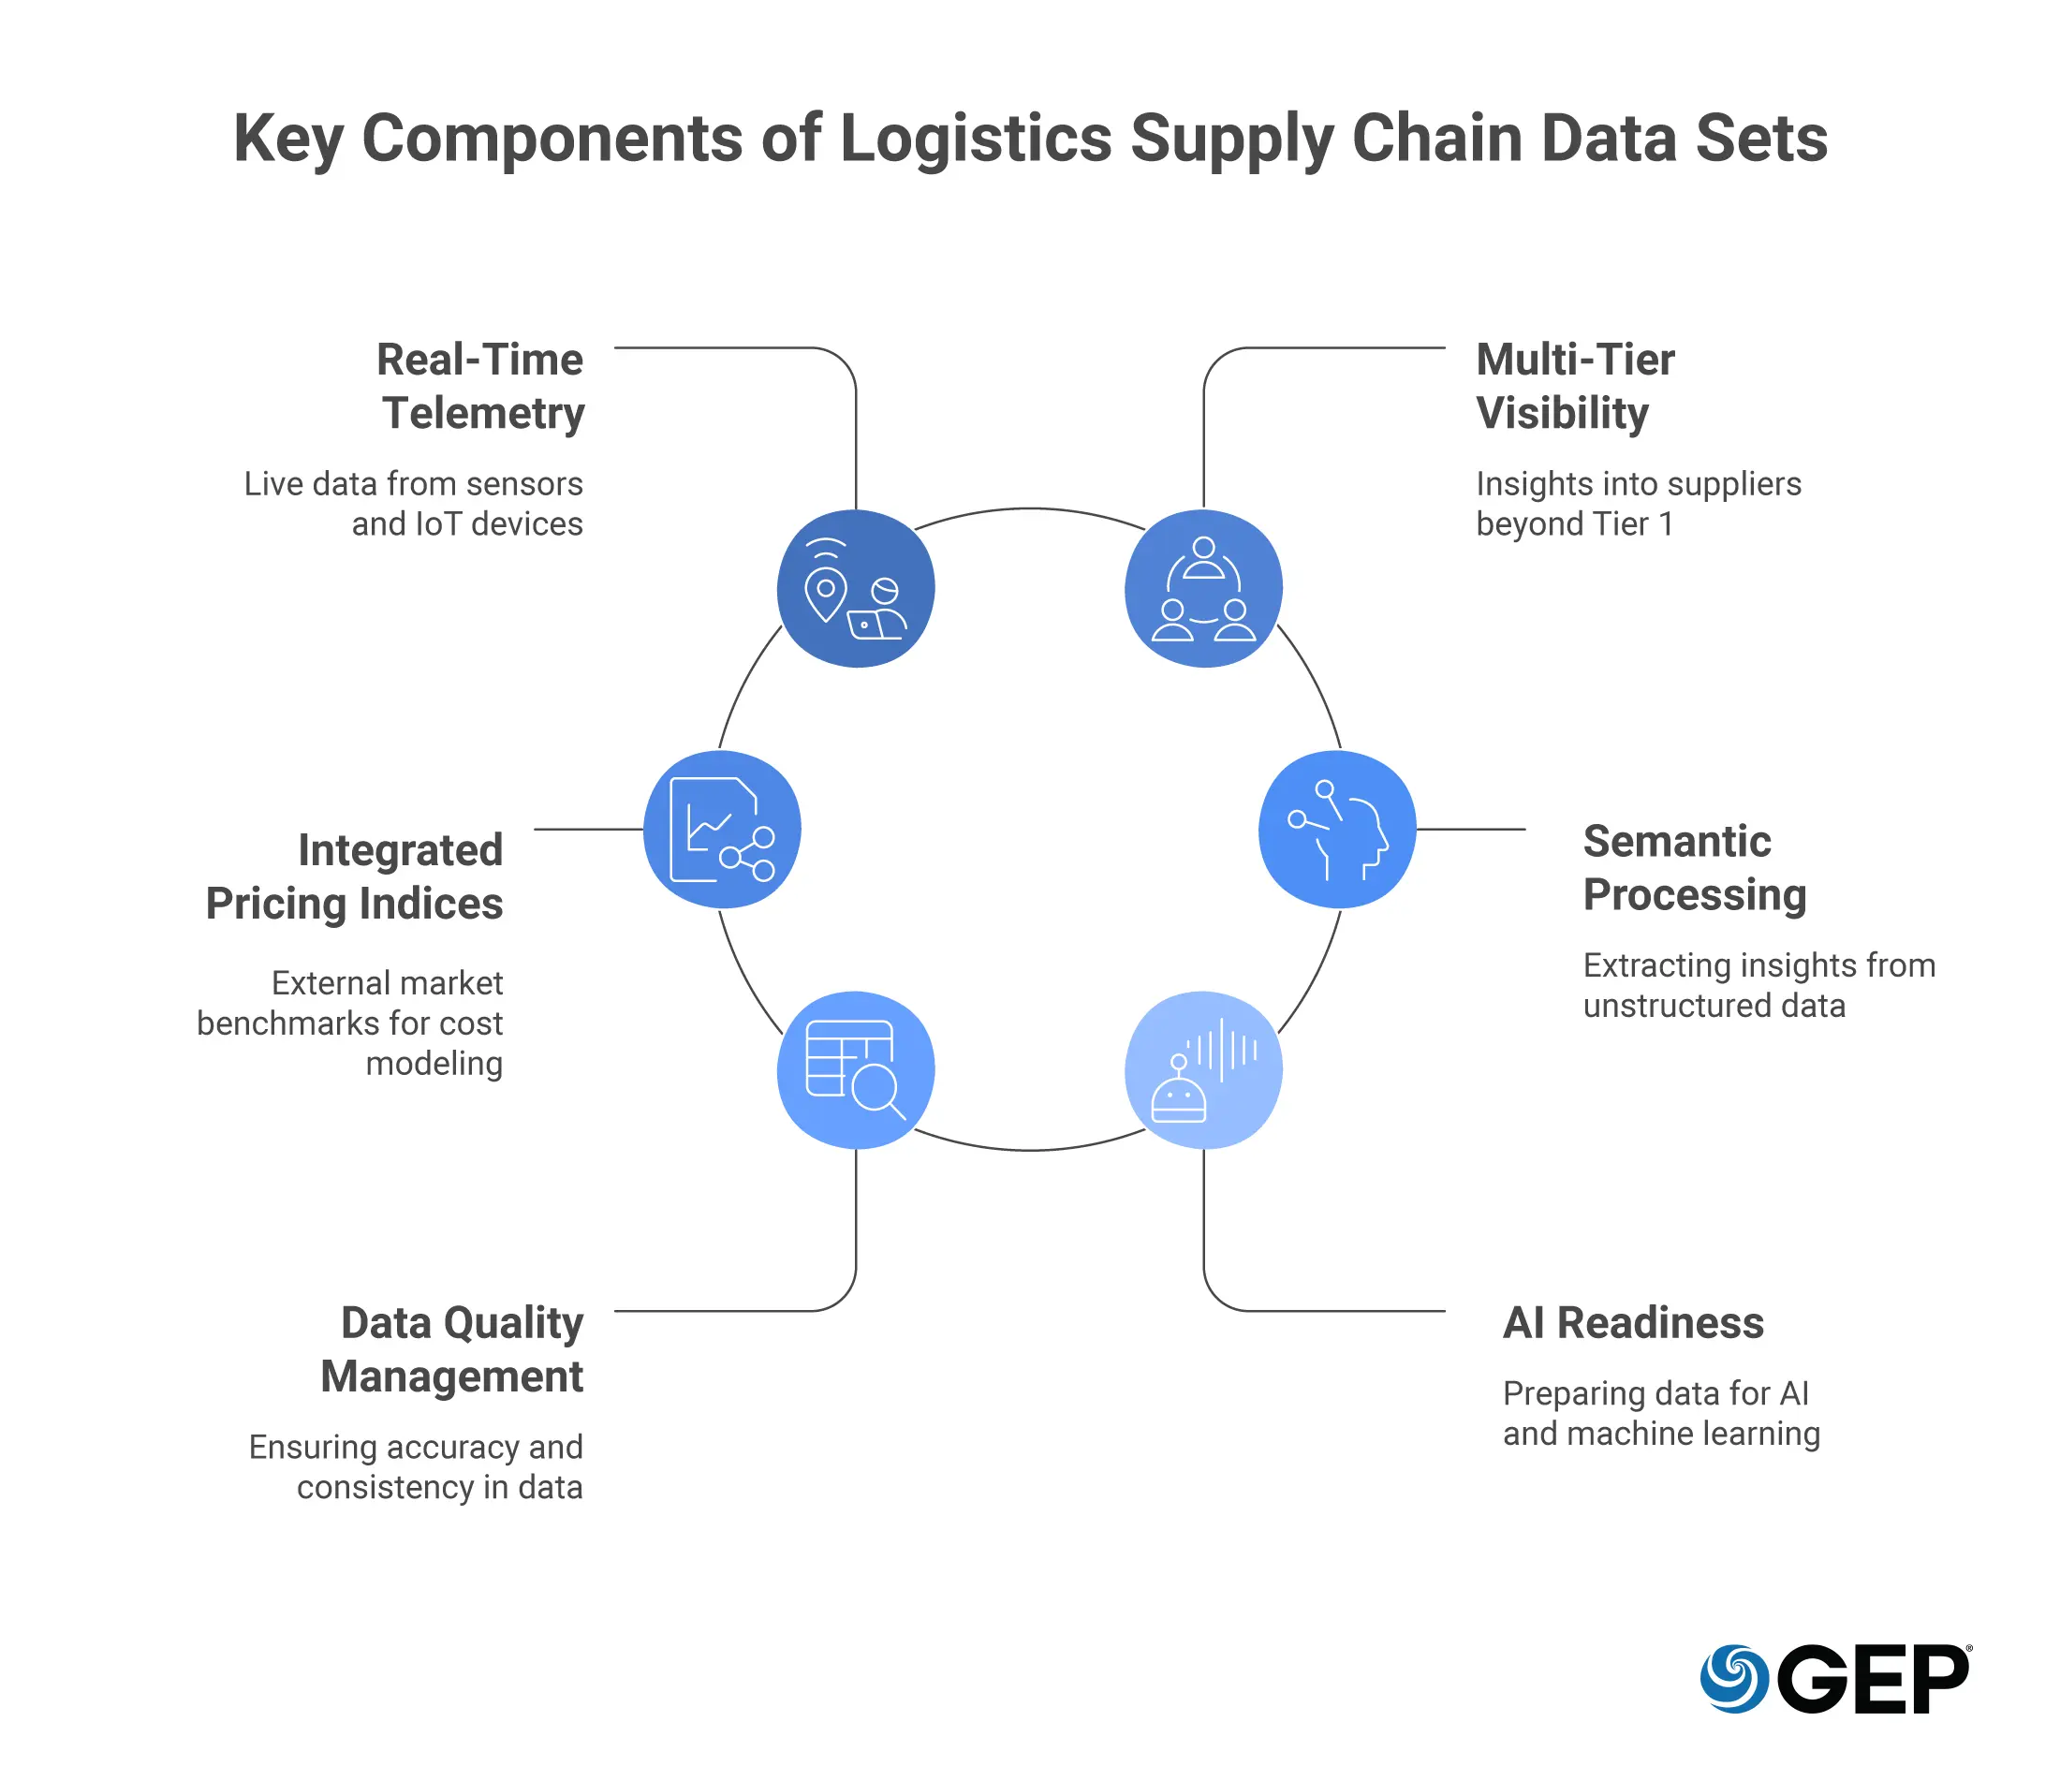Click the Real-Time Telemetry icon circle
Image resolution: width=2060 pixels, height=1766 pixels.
click(x=855, y=589)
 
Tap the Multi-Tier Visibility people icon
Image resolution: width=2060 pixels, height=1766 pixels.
click(x=1203, y=589)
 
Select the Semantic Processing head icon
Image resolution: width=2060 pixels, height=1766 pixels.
click(x=1337, y=830)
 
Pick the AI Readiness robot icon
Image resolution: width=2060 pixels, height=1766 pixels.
click(x=1203, y=1070)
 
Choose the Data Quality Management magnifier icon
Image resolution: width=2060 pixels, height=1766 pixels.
click(x=855, y=1070)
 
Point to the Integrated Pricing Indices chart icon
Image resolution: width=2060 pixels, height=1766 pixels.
click(x=722, y=830)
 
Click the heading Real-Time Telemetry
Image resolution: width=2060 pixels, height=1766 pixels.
click(x=481, y=386)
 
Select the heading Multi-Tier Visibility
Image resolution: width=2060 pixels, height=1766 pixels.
click(x=1575, y=386)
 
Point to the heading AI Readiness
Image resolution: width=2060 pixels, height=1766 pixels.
click(x=1633, y=1322)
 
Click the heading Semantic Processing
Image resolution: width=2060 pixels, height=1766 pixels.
click(x=1694, y=867)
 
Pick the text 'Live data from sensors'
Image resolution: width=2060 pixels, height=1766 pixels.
click(x=414, y=483)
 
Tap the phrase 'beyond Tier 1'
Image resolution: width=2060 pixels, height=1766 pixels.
click(x=1575, y=524)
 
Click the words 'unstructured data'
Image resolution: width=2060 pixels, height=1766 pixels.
click(x=1714, y=1006)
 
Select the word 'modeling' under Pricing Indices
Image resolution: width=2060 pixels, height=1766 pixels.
click(x=434, y=1063)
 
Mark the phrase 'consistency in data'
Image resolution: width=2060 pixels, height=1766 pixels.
click(x=439, y=1487)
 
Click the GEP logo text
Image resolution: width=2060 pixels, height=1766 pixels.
click(x=1873, y=1680)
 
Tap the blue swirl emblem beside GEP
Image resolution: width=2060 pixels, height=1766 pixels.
click(x=1733, y=1679)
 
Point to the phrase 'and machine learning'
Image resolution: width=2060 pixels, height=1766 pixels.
click(x=1661, y=1433)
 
